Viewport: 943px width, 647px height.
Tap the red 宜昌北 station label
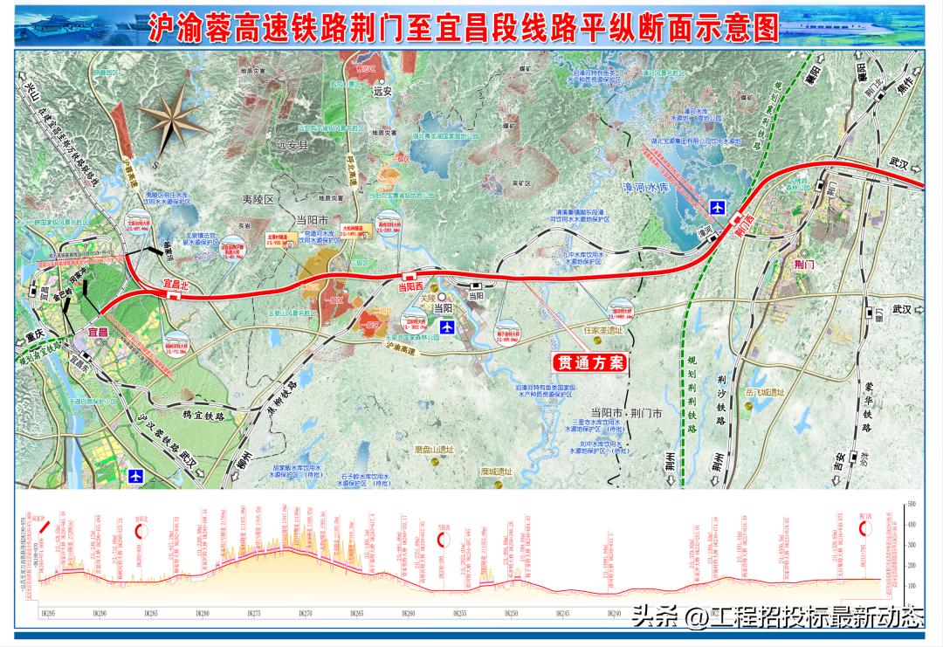pyautogui.click(x=172, y=284)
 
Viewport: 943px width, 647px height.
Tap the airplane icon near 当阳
pyautogui.click(x=448, y=327)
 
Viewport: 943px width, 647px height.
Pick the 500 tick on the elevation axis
pyautogui.click(x=911, y=505)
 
